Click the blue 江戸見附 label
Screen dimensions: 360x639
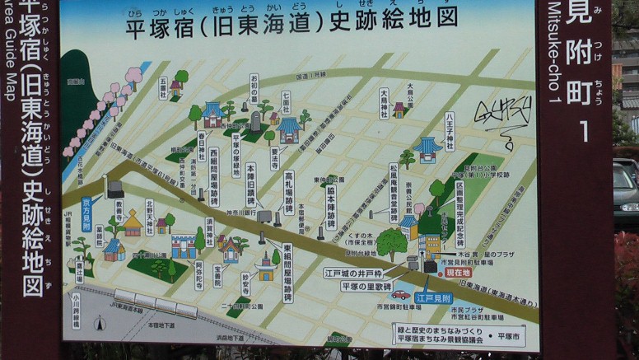click(x=433, y=297)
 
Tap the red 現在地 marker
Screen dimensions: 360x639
click(x=458, y=272)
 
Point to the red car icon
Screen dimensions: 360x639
click(x=400, y=294)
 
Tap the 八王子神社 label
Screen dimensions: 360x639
click(x=450, y=132)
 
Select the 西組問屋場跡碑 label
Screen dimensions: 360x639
click(x=213, y=178)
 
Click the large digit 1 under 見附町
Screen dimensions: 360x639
click(x=585, y=130)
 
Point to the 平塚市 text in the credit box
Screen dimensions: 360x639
click(x=510, y=337)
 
